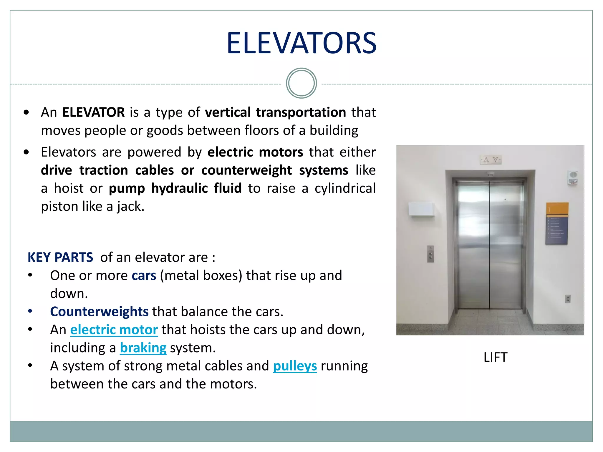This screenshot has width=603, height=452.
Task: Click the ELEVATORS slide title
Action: point(301,43)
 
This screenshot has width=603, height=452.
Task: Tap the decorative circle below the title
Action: point(301,83)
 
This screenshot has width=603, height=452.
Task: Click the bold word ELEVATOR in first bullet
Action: point(93,112)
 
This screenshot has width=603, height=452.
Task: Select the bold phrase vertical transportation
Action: point(275,112)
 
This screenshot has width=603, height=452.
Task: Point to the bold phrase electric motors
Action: point(255,152)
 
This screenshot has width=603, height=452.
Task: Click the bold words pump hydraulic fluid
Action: point(175,188)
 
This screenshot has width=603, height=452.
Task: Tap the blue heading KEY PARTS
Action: point(60,257)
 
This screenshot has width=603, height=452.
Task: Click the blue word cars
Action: point(144,276)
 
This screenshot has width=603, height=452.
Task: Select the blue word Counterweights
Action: point(99,312)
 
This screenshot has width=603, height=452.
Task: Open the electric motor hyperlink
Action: point(114,330)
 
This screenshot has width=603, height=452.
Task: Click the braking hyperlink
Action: point(143,348)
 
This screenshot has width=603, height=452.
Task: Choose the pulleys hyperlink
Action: point(295,366)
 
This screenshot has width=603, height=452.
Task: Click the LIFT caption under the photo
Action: point(495,358)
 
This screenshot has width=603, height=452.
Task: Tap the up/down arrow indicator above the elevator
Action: point(491,160)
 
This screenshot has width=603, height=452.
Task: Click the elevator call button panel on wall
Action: point(430,254)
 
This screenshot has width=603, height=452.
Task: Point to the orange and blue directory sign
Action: point(557,224)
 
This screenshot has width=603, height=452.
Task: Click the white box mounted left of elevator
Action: point(421,209)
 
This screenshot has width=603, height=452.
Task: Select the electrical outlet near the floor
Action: point(568,299)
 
